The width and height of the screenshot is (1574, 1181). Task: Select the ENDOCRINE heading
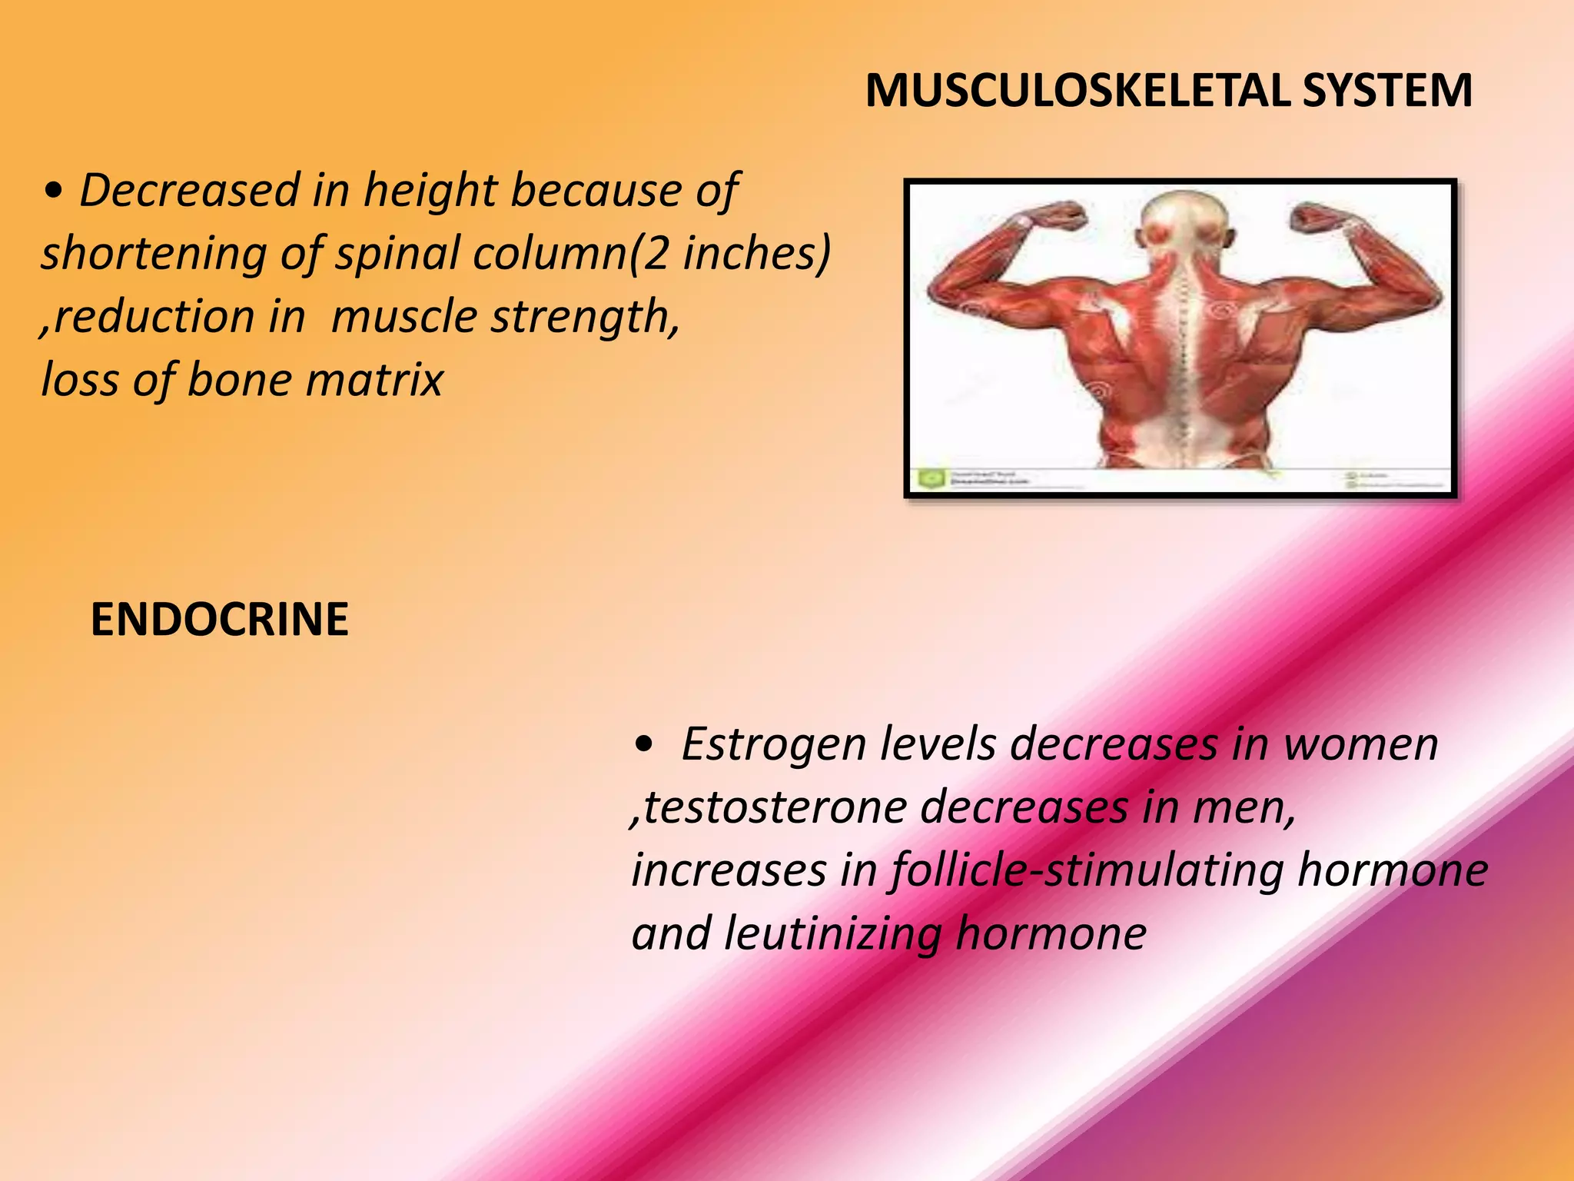[x=219, y=620]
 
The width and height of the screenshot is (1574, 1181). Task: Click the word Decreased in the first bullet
[x=189, y=191]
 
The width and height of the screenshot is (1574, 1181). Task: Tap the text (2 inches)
[x=729, y=254]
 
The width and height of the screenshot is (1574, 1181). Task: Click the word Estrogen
[x=773, y=744]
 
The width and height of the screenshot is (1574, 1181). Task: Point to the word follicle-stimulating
[x=1088, y=871]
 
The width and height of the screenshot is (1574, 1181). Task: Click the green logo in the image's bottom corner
[x=930, y=479]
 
